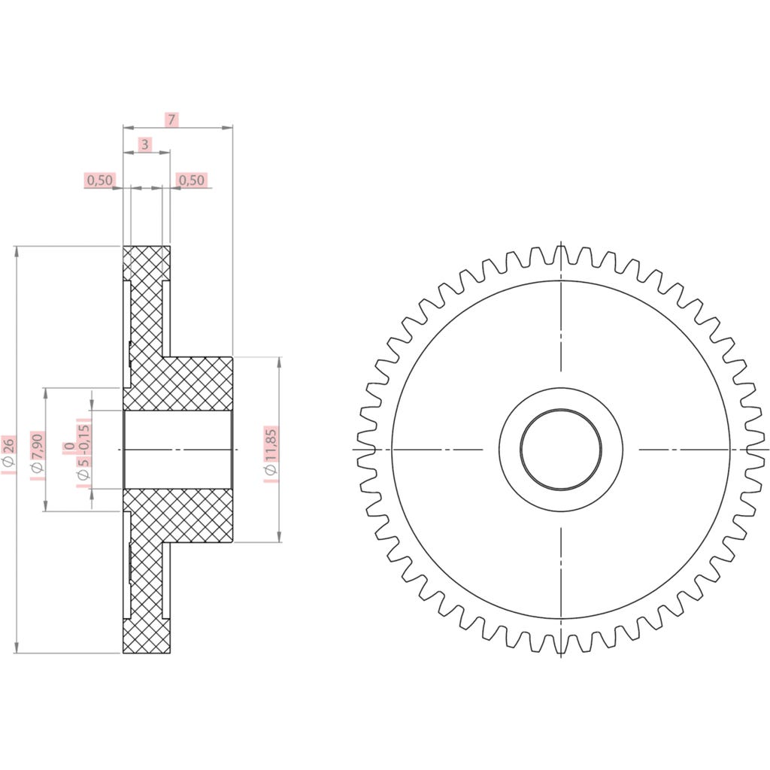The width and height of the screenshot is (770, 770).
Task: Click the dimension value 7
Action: [x=171, y=120]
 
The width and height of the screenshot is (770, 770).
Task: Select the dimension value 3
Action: [x=145, y=144]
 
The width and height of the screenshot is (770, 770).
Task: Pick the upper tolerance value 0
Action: [x=68, y=448]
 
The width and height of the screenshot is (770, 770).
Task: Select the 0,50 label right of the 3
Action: [x=191, y=180]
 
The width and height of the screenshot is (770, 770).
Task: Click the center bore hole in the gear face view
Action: [x=561, y=450]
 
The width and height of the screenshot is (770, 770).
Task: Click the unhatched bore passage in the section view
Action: [x=177, y=450]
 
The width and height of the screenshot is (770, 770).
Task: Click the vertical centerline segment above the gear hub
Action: [x=561, y=331]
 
